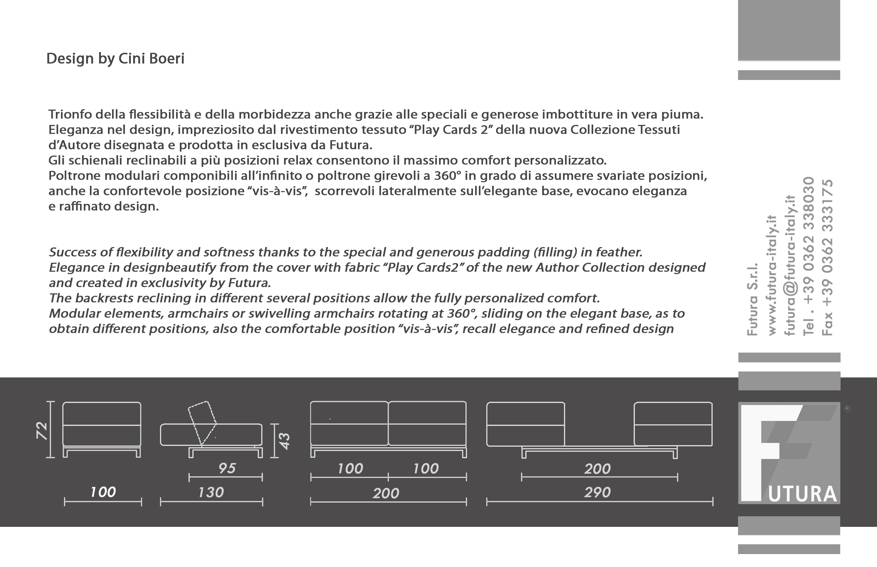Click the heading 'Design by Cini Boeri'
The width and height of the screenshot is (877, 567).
pos(115,59)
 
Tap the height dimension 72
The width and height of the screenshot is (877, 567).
pos(42,431)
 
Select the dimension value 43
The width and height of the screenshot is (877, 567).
pos(284,441)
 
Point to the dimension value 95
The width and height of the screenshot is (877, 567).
pos(226,468)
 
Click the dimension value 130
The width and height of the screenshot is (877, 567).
pos(211,492)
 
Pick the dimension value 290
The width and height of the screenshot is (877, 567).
pos(597,492)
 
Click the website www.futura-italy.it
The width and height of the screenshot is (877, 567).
pos(772,275)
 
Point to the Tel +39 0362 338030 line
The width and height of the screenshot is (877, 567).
pos(809,256)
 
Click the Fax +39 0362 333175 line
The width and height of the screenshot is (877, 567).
pos(827,257)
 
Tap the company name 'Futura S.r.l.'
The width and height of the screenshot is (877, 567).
pos(752,299)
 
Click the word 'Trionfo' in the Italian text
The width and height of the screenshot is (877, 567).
pos(70,114)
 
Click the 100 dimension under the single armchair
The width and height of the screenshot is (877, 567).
pos(103,492)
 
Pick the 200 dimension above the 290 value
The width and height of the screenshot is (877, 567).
pos(597,469)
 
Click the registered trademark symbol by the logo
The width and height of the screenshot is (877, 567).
pos(847,408)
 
